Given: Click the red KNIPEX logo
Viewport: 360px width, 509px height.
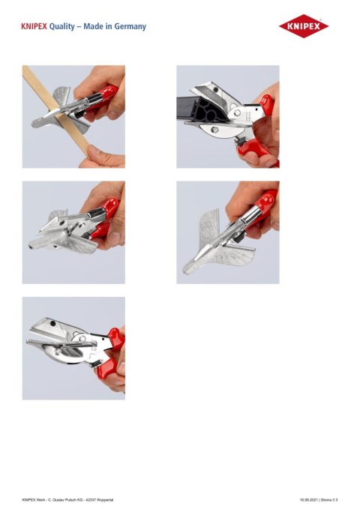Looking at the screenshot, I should pos(303,28).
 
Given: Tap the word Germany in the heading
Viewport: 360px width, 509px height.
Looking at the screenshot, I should pos(128,27).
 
